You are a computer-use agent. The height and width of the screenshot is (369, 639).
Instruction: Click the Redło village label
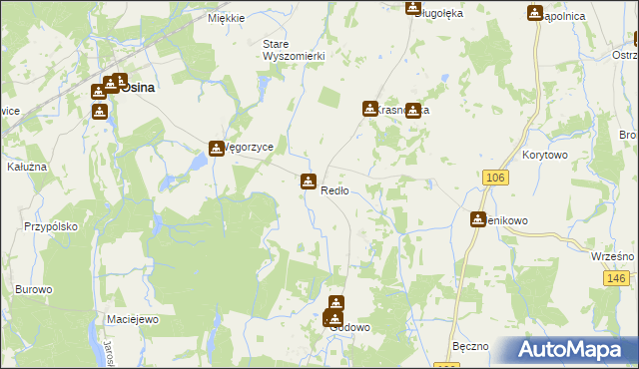(334, 190)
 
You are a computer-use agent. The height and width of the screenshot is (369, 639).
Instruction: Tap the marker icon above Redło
(308, 182)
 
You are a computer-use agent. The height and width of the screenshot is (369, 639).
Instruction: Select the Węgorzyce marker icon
(217, 149)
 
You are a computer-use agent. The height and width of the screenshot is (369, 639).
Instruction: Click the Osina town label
(138, 88)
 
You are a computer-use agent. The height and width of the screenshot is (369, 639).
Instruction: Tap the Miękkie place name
(226, 18)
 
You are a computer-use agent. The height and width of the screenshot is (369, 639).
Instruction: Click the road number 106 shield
(493, 177)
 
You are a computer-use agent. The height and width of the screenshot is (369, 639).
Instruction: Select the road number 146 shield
(616, 278)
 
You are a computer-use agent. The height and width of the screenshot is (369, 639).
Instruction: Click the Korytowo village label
(545, 157)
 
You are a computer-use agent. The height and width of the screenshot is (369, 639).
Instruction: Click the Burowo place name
(33, 289)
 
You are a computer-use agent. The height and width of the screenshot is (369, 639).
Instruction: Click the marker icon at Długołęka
(412, 7)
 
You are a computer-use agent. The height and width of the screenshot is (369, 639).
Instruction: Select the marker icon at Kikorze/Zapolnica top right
(535, 13)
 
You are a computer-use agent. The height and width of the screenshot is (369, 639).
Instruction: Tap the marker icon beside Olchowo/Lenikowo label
(478, 219)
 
